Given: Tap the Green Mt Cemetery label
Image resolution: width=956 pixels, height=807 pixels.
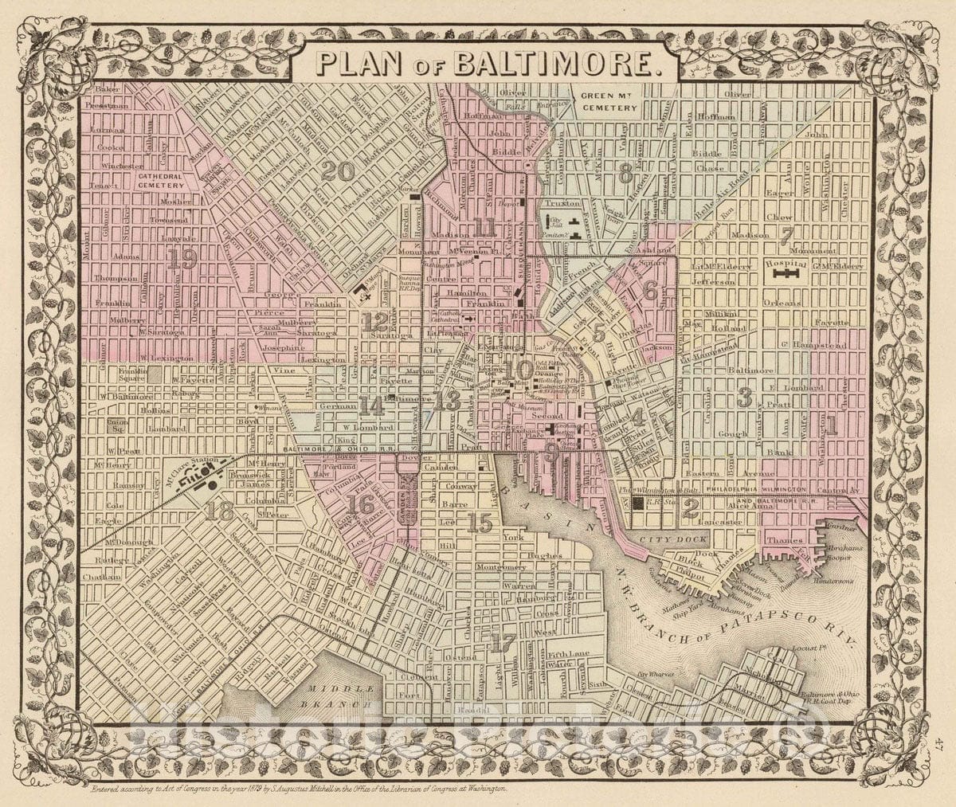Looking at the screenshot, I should tap(609, 101).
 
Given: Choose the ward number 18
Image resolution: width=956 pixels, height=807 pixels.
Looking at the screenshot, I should tap(218, 511).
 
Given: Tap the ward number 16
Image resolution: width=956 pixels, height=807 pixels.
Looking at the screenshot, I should tap(360, 503).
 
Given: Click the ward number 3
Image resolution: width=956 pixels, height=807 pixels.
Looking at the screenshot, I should tap(745, 398).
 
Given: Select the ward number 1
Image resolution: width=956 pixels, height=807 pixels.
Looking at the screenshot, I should tap(830, 426).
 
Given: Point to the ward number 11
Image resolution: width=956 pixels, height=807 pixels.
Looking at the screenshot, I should tap(483, 228).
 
